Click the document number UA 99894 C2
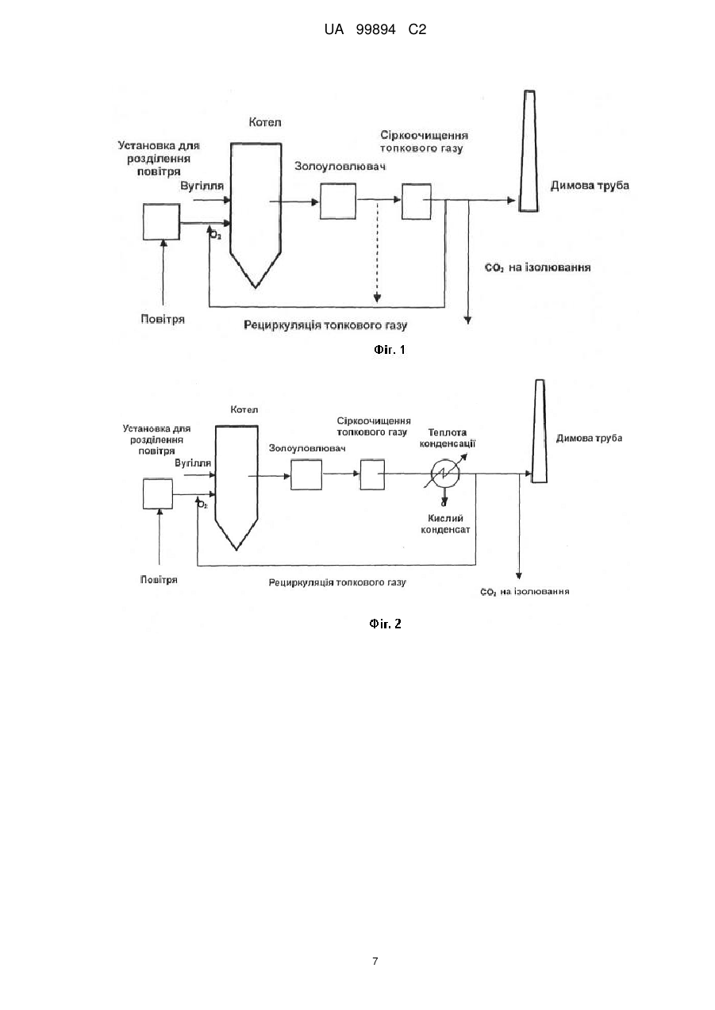click(375, 30)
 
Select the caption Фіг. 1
click(390, 349)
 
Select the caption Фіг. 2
click(385, 624)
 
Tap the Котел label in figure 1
click(265, 122)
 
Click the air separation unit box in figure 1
click(162, 222)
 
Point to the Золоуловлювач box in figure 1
click(338, 201)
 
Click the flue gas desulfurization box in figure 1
click(417, 201)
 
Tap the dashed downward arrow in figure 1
click(377, 252)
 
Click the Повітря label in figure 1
click(163, 319)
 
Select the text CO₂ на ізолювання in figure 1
click(537, 267)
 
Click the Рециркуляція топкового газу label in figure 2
click(337, 582)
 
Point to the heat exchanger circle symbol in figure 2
click(445, 474)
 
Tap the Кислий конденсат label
click(445, 524)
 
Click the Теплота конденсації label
click(447, 438)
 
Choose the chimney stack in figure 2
click(539, 431)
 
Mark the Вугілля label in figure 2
click(193, 463)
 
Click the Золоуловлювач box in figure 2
click(306, 474)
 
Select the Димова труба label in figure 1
click(590, 186)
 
